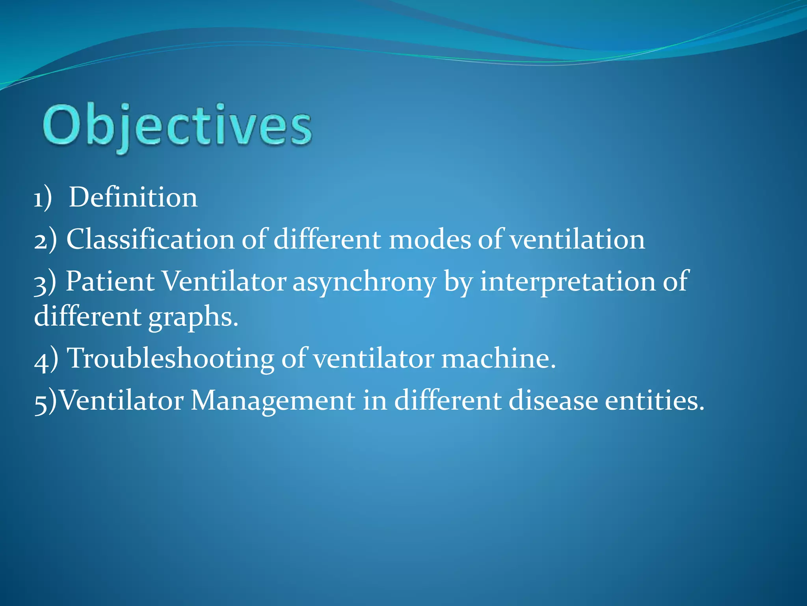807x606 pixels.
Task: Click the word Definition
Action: tap(133, 197)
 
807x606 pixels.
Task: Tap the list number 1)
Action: tap(43, 198)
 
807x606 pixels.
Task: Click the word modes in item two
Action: tap(430, 239)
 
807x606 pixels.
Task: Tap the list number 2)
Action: tap(45, 240)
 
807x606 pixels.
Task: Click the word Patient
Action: tap(110, 281)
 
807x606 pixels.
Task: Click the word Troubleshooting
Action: tap(171, 359)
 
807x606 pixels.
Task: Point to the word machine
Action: tap(498, 359)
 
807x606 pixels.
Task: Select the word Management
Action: tap(273, 400)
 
